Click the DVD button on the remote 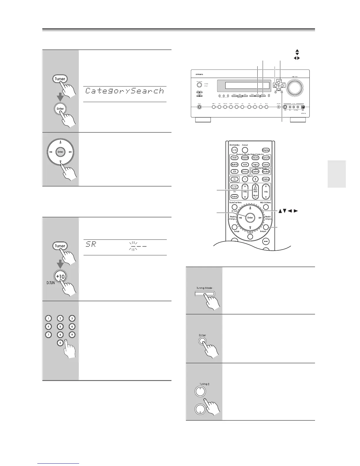click(234, 158)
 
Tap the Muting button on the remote click(266, 179)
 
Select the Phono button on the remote click(245, 172)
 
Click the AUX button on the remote click(245, 165)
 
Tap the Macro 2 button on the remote click(255, 179)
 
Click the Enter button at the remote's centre click(250, 218)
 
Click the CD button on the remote click(234, 172)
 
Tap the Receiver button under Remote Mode click(266, 172)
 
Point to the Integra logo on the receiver click(197, 74)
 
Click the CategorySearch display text click(124, 91)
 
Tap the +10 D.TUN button click(60, 277)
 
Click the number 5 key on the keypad click(60, 326)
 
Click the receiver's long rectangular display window click(247, 86)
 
